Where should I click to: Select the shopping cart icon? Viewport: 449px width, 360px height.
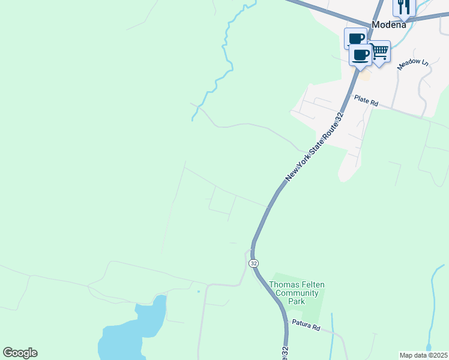379,52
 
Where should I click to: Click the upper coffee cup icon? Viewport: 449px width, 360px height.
355,38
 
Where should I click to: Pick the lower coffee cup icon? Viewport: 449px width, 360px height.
360,55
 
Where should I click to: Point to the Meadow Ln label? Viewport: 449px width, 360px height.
414,64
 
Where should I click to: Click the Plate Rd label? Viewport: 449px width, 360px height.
366,100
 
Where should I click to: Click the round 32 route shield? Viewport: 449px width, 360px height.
255,263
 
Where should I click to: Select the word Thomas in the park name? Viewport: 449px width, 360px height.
284,284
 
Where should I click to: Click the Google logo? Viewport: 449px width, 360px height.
20,353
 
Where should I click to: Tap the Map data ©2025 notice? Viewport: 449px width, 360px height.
423,355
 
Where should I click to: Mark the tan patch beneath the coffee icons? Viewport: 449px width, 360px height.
364,76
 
